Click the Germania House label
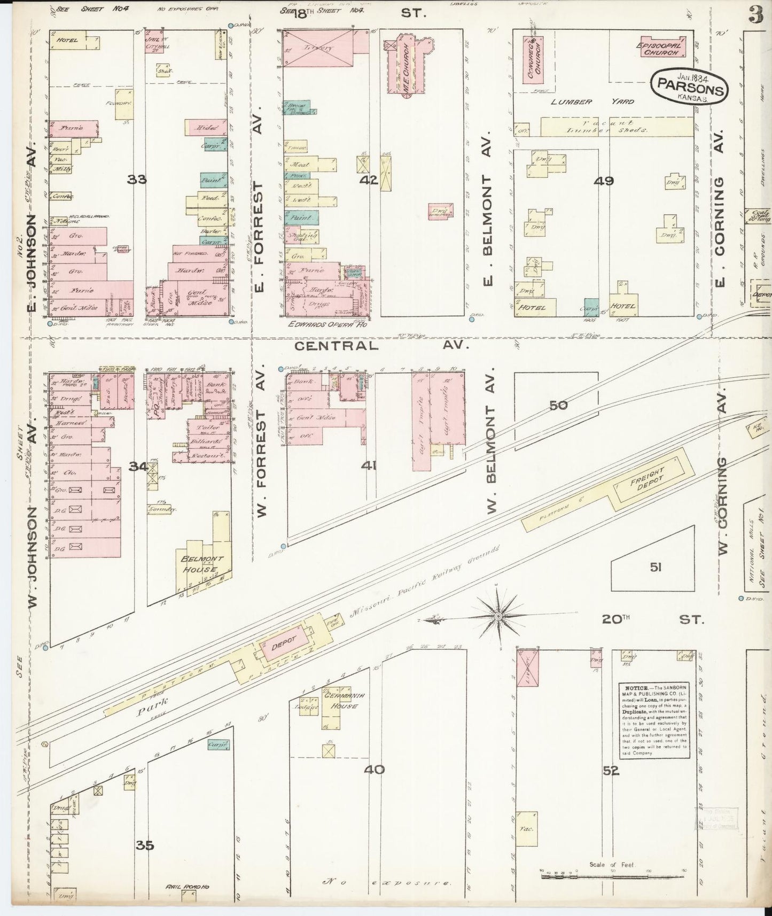(342, 701)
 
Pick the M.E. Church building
(410, 66)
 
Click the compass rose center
(498, 616)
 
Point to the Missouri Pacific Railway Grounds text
(425, 583)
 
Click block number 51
(656, 567)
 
